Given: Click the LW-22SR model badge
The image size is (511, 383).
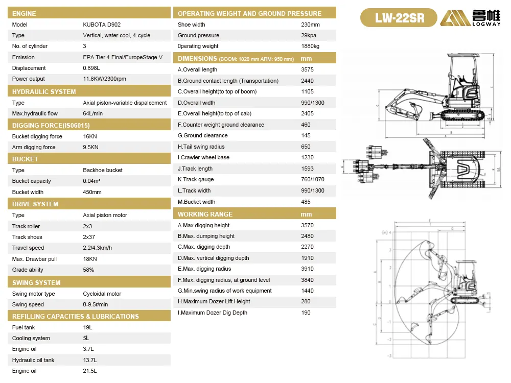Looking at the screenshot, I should (x=399, y=18).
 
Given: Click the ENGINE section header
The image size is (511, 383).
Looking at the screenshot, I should (x=24, y=13).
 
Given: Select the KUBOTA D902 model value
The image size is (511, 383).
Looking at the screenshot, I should (x=102, y=25).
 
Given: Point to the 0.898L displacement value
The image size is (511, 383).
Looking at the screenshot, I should (x=92, y=68).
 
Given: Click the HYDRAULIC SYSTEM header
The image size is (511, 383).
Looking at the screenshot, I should (x=44, y=91).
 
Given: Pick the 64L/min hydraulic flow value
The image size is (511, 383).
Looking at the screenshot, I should (x=92, y=113).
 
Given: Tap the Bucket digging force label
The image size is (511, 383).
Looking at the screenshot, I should (x=37, y=136).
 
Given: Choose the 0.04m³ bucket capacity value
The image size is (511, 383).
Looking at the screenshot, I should (x=91, y=181).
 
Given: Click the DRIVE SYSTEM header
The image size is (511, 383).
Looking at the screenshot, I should (x=35, y=204).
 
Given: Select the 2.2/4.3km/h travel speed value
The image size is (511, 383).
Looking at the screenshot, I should (x=97, y=248).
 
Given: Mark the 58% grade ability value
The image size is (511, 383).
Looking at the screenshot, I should (x=88, y=270).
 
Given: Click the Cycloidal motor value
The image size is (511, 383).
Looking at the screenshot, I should (x=102, y=294).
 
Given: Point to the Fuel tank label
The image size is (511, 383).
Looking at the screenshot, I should (x=24, y=327).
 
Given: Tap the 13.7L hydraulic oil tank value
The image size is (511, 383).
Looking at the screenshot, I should (x=89, y=360).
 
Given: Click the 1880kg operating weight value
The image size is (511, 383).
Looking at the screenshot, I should (x=310, y=46).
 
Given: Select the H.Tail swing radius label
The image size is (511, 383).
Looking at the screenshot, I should (x=201, y=147).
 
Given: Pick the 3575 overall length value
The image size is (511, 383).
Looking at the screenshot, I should (x=308, y=69).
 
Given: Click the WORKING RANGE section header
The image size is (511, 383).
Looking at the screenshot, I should (x=205, y=214).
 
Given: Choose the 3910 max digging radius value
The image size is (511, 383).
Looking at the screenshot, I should (x=308, y=269).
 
